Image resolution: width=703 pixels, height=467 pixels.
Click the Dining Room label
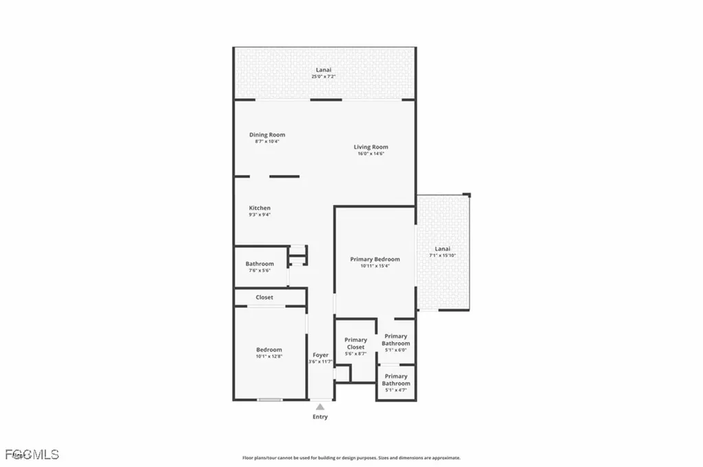click(267, 134)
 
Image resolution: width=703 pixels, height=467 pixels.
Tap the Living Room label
click(371, 147)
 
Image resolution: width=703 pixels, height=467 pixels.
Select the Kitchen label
click(260, 208)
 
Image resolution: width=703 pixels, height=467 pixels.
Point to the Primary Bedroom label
click(375, 259)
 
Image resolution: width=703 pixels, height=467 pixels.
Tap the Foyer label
click(321, 355)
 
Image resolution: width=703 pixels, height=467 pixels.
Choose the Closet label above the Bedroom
click(264, 298)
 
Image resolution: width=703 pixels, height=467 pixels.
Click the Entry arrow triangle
click(320, 407)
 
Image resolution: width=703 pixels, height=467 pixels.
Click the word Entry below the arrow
click(320, 417)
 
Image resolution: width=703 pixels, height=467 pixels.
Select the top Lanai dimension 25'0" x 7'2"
click(323, 77)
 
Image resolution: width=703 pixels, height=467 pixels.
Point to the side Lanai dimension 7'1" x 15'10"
click(443, 255)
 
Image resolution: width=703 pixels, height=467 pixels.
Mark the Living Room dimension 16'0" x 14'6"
click(371, 154)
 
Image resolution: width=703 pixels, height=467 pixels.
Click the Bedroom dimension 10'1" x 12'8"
click(269, 357)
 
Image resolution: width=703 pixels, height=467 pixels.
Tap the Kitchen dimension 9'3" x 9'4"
click(260, 215)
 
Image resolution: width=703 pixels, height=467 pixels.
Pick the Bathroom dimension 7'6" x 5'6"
click(260, 270)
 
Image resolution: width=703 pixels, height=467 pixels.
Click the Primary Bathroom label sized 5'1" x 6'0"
click(395, 339)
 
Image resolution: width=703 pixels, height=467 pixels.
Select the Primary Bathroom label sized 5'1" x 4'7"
click(396, 379)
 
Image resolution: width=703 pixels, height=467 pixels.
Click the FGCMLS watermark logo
click(32, 454)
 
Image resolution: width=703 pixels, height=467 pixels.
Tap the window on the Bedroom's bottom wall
click(270, 400)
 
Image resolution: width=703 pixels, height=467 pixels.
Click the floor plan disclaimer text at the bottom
click(351, 457)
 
